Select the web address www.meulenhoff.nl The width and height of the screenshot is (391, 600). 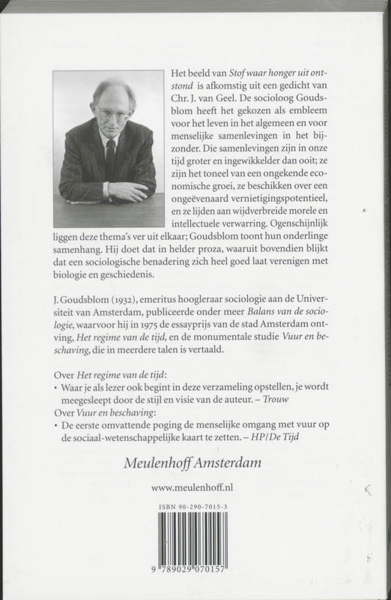(195, 487)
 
